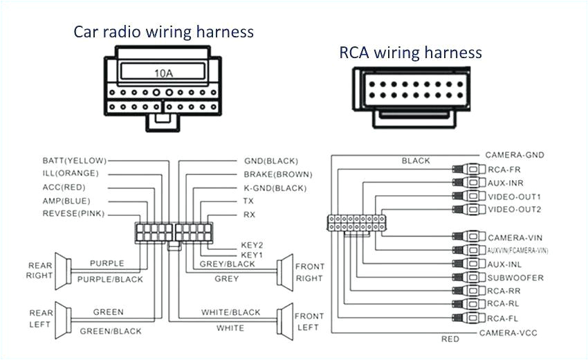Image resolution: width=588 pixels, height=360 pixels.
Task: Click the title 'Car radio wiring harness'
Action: (x=164, y=32)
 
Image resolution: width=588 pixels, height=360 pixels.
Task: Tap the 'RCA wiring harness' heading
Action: (x=410, y=53)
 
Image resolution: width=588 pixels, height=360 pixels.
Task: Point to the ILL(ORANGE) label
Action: (x=71, y=173)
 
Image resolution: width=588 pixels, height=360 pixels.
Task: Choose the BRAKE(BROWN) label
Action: (x=277, y=174)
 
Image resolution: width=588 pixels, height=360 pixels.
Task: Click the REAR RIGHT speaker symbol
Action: (x=63, y=270)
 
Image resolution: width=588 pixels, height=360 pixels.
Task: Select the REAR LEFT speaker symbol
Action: (x=63, y=318)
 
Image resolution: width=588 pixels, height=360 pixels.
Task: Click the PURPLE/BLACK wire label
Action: (x=110, y=280)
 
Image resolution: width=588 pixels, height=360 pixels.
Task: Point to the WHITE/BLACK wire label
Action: (x=231, y=313)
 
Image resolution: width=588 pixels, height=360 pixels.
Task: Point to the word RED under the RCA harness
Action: (x=450, y=340)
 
